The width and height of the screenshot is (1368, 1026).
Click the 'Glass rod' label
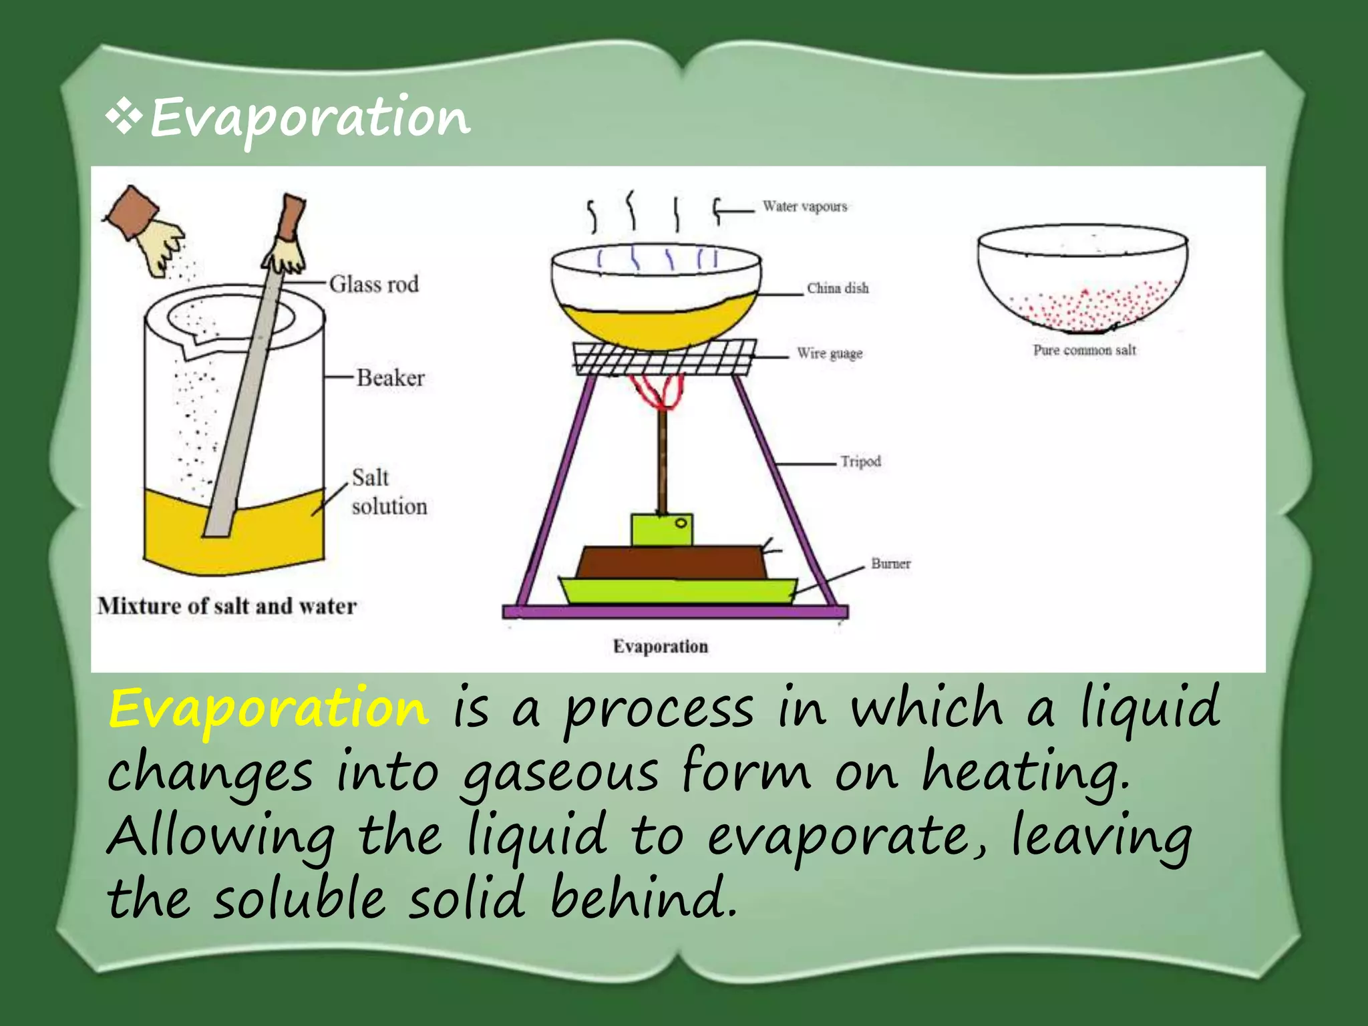point(373,285)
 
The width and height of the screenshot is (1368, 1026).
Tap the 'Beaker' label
point(390,378)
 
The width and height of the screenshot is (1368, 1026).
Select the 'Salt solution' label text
point(389,492)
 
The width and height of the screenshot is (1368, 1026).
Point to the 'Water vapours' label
point(805,207)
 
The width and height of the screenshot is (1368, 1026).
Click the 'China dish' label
point(838,289)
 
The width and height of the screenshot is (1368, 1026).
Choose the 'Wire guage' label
point(830,353)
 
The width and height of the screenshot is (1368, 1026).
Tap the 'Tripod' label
point(860,462)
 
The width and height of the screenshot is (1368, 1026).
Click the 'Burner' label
point(890,564)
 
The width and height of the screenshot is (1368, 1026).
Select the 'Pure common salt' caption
point(1084,350)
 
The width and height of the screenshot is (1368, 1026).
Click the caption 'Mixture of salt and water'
point(227,607)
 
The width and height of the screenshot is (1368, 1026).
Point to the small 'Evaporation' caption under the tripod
point(661,647)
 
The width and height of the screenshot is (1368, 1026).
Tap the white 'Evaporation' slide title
point(310,118)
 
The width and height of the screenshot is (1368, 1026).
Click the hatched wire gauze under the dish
point(665,357)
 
